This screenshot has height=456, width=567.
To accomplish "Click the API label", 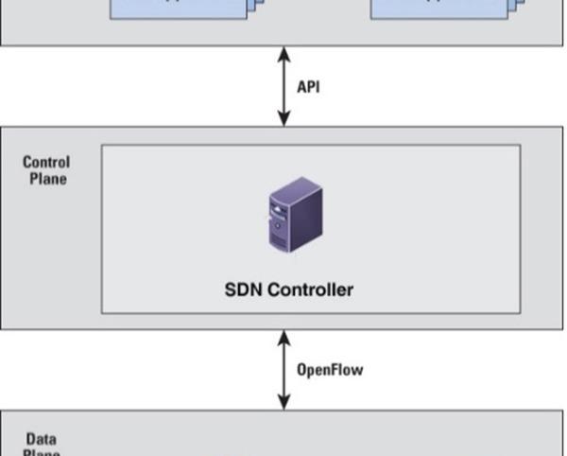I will point(308,86).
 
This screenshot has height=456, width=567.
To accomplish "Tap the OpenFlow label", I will point(330,369).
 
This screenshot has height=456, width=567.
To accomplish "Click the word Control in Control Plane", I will point(46,162).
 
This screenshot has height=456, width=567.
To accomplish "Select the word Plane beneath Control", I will point(46,178).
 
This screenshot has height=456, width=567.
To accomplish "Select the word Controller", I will point(311,289).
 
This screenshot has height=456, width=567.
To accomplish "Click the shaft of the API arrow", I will point(283,86).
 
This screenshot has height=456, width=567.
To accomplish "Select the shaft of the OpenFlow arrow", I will point(283,370).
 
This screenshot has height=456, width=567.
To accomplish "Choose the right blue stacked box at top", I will point(444,9).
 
